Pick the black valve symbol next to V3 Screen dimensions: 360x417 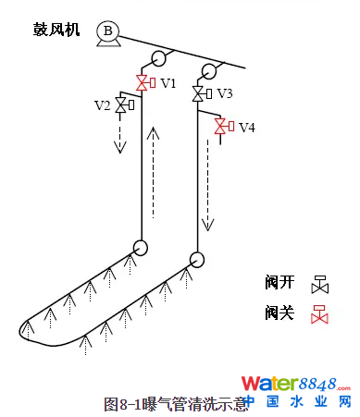click(199, 93)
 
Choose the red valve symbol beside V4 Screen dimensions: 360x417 click(221, 126)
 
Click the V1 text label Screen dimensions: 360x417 click(168, 83)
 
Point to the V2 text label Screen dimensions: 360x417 click(102, 104)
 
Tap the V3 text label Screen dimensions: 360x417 click(225, 93)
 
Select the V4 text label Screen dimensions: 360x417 click(246, 127)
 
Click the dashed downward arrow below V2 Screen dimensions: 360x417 click(118, 137)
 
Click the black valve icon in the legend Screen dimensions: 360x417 click(320, 281)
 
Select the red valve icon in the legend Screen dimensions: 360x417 click(320, 313)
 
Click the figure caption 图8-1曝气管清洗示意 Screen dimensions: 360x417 click(176, 404)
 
